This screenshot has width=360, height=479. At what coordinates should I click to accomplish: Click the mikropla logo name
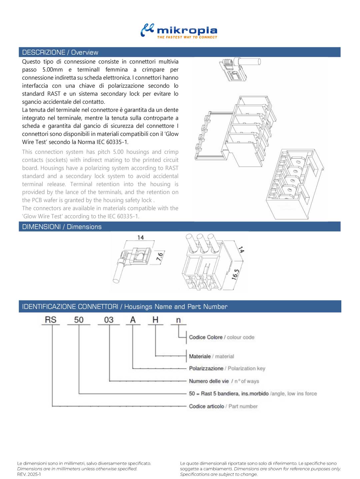click(x=187, y=31)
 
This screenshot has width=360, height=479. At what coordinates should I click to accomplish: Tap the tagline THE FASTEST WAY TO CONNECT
click(x=187, y=37)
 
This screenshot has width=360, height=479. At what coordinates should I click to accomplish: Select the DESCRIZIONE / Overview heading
click(x=60, y=52)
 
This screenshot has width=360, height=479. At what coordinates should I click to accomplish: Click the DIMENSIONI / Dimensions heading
click(x=62, y=227)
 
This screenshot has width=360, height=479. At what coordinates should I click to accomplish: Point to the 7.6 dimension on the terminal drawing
click(x=160, y=257)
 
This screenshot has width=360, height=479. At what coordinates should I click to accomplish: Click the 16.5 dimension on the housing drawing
click(x=235, y=274)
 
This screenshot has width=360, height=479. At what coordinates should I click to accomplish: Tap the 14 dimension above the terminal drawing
click(x=140, y=238)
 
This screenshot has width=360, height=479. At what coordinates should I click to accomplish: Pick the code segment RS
click(x=51, y=320)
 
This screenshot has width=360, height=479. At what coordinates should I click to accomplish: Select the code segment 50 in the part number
click(x=79, y=320)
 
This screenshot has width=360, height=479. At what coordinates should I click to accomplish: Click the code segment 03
click(x=109, y=320)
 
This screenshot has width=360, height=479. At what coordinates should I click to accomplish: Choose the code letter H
click(x=155, y=320)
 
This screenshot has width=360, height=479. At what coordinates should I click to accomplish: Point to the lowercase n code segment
click(x=178, y=320)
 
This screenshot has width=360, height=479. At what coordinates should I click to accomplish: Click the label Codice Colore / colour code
click(x=221, y=337)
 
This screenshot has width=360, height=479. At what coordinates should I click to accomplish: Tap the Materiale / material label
click(x=211, y=356)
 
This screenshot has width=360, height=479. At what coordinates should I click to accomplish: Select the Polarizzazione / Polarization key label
click(x=227, y=368)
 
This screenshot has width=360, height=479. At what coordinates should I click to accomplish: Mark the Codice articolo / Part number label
click(x=223, y=406)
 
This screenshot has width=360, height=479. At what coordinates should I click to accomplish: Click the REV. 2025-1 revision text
click(x=29, y=474)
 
